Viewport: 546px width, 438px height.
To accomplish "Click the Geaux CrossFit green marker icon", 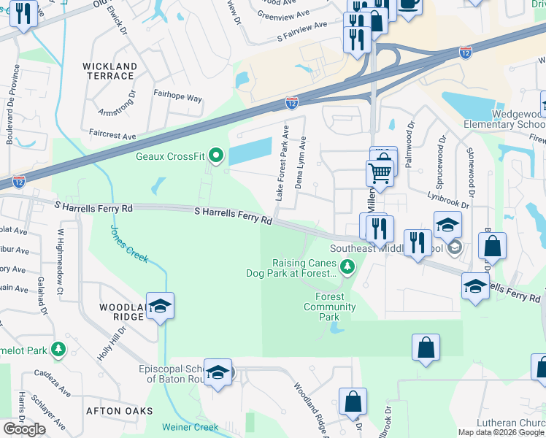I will click(x=215, y=155).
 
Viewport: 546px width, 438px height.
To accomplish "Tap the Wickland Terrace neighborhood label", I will click(x=109, y=71).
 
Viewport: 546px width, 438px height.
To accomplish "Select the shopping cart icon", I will click(x=380, y=174).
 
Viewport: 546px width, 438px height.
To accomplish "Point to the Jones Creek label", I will click(x=128, y=243).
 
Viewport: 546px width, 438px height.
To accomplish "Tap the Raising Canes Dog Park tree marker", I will click(x=348, y=268).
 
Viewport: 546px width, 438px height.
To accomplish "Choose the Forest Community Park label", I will click(x=329, y=307).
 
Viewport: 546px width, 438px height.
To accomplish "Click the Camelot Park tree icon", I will click(x=58, y=351).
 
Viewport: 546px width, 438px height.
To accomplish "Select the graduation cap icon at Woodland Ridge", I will click(x=161, y=307).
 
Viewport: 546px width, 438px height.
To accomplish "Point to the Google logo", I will click(x=24, y=429).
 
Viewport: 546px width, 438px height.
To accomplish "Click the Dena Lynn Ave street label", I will click(x=299, y=166).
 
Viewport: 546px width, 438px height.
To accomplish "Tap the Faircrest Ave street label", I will click(x=112, y=137).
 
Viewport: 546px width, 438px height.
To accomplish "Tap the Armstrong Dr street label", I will click(x=117, y=107).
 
